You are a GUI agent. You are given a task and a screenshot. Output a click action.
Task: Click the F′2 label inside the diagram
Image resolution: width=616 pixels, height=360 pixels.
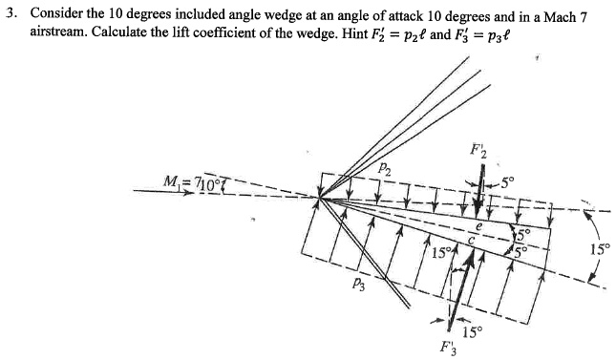[x=478, y=150]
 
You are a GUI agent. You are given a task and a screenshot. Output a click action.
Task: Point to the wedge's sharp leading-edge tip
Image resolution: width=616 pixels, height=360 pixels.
[x=320, y=197]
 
